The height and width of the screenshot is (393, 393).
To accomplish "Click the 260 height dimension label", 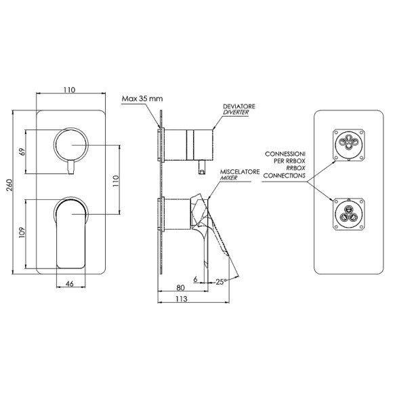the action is pyautogui.click(x=9, y=185).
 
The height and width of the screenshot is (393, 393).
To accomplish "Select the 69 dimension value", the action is pyautogui.click(x=22, y=152).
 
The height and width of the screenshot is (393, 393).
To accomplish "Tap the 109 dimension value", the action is pyautogui.click(x=22, y=232).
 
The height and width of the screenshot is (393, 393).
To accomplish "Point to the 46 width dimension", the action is pyautogui.click(x=69, y=283).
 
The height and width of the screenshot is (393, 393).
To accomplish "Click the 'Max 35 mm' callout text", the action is pyautogui.click(x=142, y=99).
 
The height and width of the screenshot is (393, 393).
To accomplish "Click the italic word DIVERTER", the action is pyautogui.click(x=236, y=112).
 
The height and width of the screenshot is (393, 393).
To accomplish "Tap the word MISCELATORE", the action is pyautogui.click(x=240, y=172).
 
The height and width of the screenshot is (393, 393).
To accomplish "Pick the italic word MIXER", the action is pyautogui.click(x=228, y=178).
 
